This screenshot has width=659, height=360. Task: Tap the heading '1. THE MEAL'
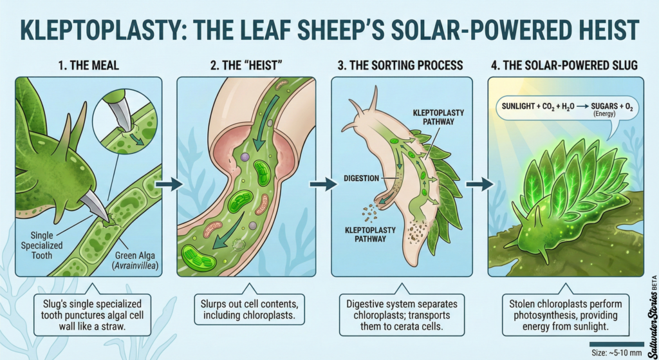(88, 65)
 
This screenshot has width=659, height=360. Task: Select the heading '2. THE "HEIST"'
(246, 65)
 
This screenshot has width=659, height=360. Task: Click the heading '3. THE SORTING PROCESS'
(400, 65)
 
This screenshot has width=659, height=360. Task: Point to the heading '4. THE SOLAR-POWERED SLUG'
(564, 65)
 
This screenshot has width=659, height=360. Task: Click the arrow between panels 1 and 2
(169, 184)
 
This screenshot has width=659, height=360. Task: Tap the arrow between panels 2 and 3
(323, 184)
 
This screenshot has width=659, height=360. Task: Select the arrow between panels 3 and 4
(480, 184)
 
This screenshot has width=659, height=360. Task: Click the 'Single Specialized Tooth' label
(42, 245)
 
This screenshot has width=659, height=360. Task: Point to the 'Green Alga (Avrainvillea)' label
(135, 260)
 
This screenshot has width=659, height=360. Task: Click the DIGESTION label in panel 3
(362, 178)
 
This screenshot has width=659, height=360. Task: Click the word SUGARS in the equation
(604, 106)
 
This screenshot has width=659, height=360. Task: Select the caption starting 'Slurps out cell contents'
(249, 309)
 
